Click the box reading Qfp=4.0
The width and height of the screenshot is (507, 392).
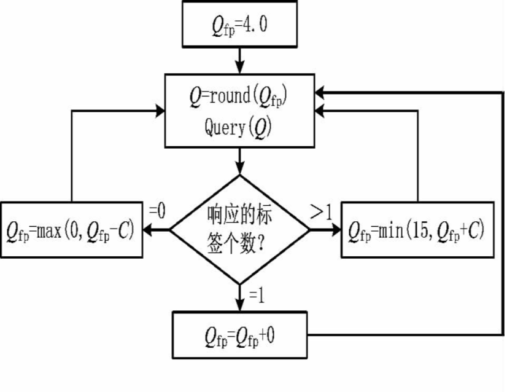coord(240,25)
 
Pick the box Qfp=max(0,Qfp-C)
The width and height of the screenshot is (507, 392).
coord(72,230)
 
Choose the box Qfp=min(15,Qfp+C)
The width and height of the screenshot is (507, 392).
coord(417,230)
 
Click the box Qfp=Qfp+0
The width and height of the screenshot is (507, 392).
coord(240,335)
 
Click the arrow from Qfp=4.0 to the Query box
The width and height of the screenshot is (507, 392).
coord(240,60)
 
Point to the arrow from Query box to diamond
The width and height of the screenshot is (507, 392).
coord(240,160)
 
